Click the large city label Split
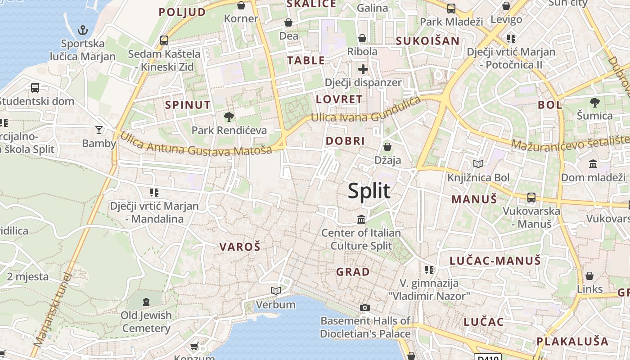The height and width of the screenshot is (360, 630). point(369,191)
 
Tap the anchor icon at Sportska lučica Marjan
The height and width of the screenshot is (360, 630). point(82,31)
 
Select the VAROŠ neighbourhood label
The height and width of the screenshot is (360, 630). point(240,247)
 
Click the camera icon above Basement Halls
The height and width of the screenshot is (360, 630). point(365,308)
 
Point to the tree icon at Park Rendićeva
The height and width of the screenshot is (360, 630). point(229,117)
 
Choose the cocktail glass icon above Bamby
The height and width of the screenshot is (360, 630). point(99,130)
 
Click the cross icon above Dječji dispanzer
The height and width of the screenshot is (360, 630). point(363,69)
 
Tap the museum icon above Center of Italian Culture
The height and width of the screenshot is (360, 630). point(361,220)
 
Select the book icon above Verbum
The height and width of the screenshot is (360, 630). point(276,291)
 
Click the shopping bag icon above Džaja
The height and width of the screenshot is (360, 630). point(387,147)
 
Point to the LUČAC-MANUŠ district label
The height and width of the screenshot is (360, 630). point(495,261)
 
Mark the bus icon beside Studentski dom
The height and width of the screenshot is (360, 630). point(35,88)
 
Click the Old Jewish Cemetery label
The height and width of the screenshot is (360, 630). point(146,322)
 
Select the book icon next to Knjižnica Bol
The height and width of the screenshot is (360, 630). point(478,164)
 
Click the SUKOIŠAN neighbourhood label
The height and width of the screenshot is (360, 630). point(427,41)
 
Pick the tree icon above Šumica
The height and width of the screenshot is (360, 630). point(595,103)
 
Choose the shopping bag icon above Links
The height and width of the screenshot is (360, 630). point(589,276)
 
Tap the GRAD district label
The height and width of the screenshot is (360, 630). point(353,272)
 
